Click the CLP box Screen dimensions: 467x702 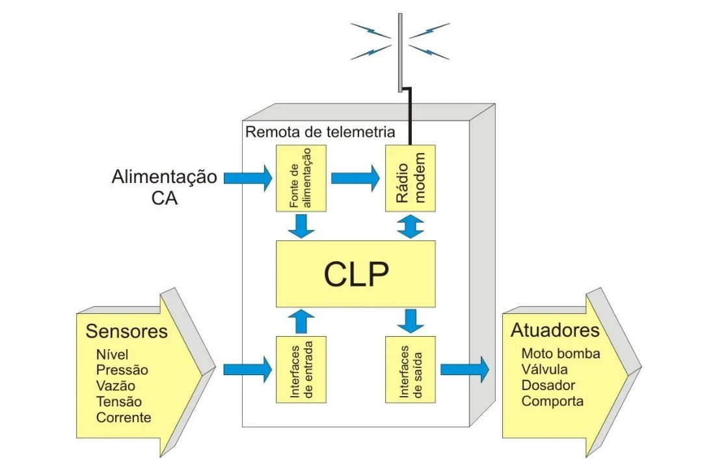356,274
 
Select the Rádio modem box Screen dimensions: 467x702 411,178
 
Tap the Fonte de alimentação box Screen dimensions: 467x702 301,178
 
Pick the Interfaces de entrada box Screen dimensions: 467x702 301,369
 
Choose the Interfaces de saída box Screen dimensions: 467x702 411,369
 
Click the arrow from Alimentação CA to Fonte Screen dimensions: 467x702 248,178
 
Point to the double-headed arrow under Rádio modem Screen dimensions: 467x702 411,226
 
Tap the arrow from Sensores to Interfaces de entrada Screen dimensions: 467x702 248,369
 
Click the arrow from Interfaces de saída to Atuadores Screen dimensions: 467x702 464,369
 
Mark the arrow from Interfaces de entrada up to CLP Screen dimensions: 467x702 301,321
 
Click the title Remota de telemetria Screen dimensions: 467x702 319,132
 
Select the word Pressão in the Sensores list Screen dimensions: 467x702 122,370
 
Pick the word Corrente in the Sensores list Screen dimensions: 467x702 124,417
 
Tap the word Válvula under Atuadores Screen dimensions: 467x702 545,370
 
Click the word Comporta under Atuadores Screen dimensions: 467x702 552,401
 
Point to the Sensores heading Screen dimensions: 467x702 126,332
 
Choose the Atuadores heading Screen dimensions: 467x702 555,330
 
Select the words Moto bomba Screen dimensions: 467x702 561,354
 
